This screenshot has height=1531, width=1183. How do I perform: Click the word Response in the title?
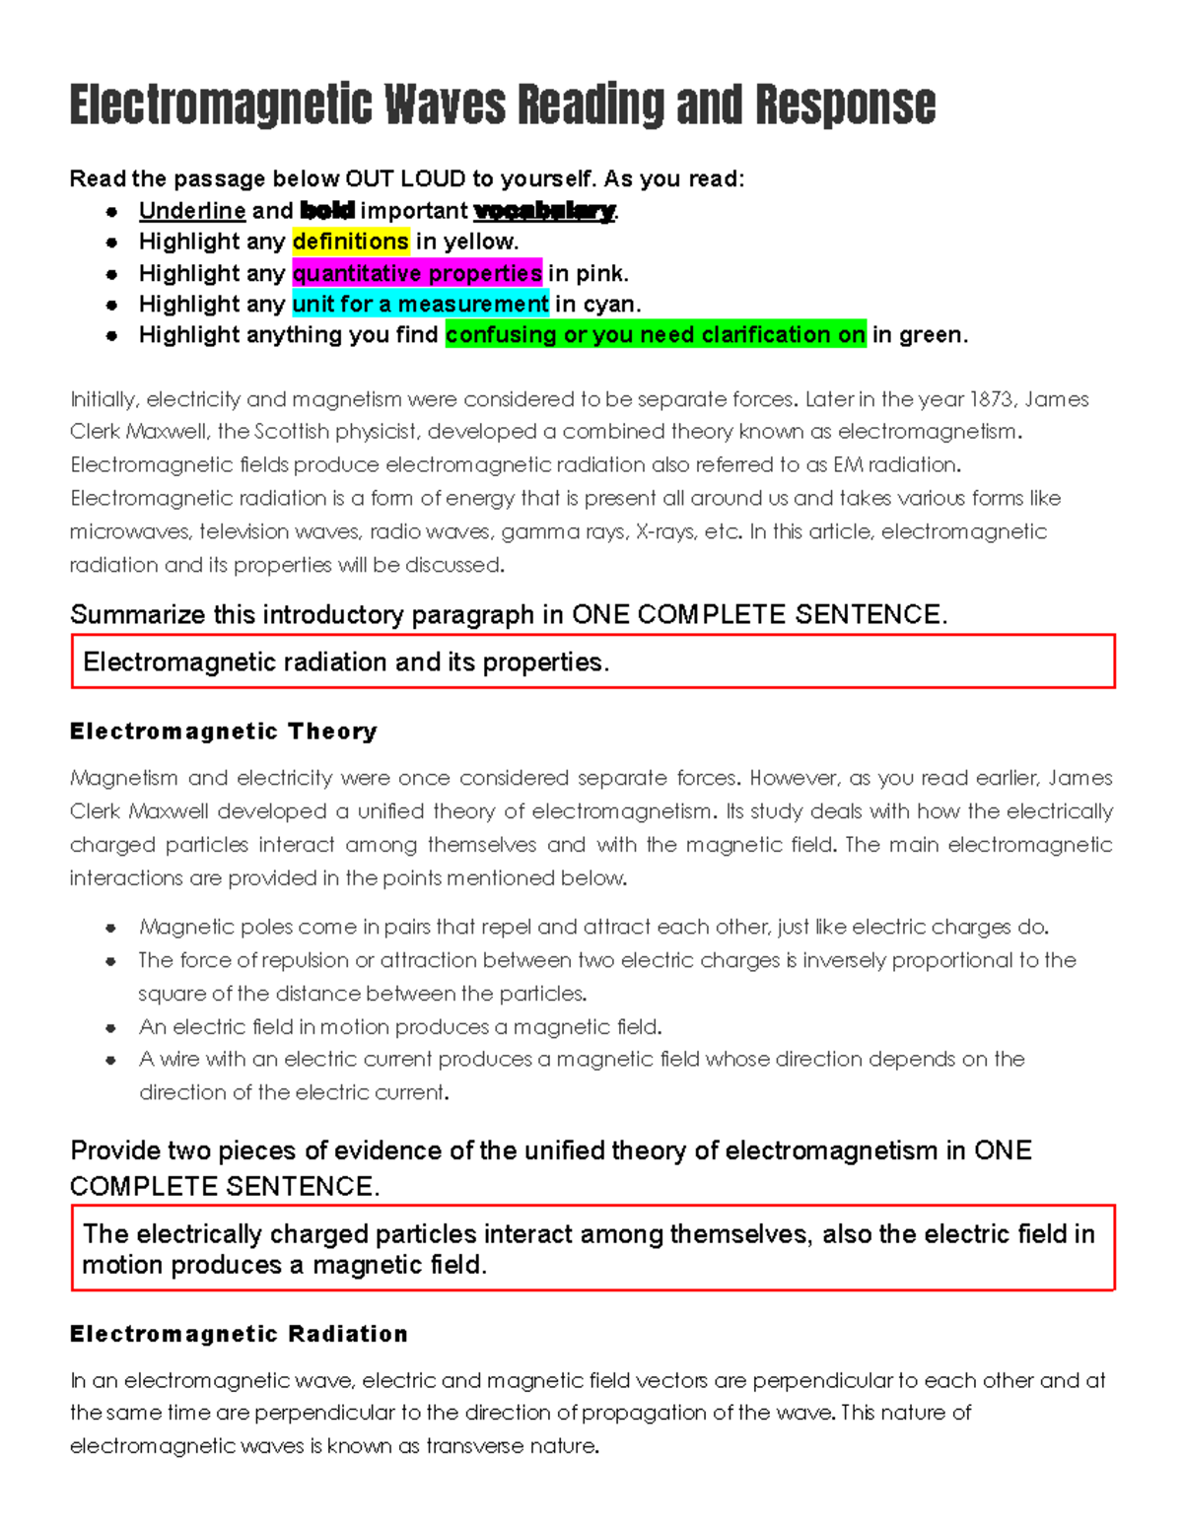(845, 105)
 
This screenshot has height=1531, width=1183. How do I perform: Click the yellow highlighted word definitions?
(350, 242)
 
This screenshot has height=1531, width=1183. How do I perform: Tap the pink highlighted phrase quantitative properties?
(417, 273)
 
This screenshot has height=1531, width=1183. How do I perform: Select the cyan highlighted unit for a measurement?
(420, 304)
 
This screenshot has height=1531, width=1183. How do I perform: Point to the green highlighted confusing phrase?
(655, 335)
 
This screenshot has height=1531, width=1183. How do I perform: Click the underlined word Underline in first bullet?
(192, 211)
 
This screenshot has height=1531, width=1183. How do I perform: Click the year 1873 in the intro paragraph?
(992, 399)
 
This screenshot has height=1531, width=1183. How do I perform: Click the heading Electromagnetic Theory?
(224, 731)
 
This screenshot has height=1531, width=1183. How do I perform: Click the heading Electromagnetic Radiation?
(239, 1334)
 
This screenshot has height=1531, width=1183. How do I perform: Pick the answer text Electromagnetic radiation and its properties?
(346, 662)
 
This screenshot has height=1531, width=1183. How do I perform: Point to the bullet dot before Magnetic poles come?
(111, 928)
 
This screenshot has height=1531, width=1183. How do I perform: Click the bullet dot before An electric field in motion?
(111, 1028)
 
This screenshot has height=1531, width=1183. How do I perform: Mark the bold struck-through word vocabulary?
(544, 211)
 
